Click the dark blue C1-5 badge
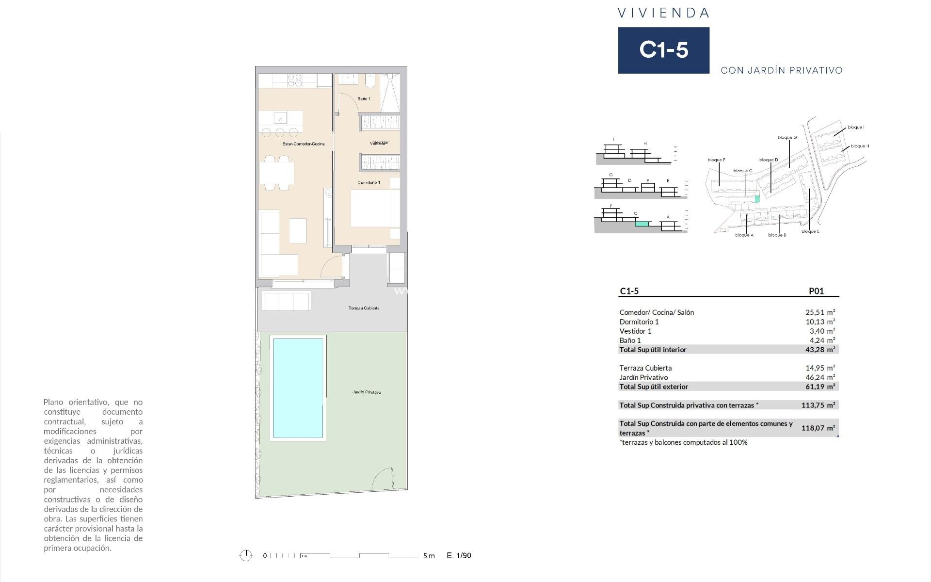click(x=663, y=50)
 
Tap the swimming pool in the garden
click(x=298, y=388)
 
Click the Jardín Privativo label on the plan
click(x=367, y=392)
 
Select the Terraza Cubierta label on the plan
click(x=364, y=308)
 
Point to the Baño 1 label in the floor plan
click(x=364, y=98)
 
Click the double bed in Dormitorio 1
click(x=374, y=209)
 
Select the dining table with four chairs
click(x=277, y=173)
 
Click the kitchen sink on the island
click(x=280, y=118)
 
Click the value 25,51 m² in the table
click(x=820, y=312)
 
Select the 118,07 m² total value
click(x=818, y=428)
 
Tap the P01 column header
click(x=816, y=291)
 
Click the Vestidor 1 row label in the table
click(x=635, y=331)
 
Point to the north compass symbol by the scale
click(x=246, y=555)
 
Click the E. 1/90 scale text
click(x=459, y=555)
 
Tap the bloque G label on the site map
click(x=787, y=137)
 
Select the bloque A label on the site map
click(x=744, y=235)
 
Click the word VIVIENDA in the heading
click(x=663, y=13)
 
